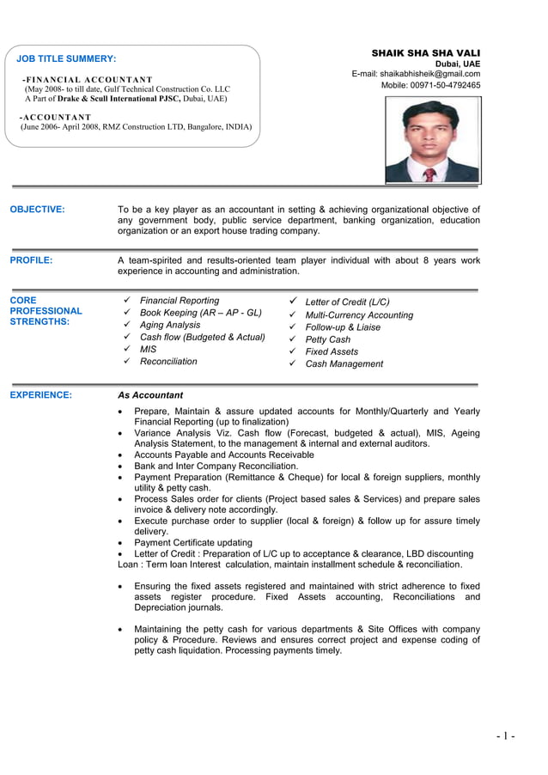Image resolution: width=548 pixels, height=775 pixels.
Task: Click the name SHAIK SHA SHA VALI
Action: point(425,53)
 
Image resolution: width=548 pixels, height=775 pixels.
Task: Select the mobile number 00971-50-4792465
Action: point(430,85)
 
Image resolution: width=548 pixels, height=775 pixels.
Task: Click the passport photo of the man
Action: point(432,139)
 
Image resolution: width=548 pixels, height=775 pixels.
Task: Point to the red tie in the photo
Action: point(429,174)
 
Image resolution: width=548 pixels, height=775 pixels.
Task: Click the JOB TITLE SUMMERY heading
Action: point(66,58)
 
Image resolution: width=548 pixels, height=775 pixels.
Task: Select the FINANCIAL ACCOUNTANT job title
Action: point(87,79)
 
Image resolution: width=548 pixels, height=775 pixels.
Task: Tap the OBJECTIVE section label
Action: point(37,209)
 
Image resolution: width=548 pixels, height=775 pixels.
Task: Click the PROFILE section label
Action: point(31,259)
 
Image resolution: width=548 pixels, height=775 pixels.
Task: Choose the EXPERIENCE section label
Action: point(40,395)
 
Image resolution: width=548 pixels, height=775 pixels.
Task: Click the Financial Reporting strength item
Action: point(180,301)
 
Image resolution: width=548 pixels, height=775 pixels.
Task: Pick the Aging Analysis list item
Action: point(170,325)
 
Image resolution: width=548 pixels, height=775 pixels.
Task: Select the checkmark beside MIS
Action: point(126,349)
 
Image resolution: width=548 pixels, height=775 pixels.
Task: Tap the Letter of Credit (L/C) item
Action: point(347,302)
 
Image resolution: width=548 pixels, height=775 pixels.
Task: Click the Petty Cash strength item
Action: point(328,339)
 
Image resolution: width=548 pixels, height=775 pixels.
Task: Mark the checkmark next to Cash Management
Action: point(292,363)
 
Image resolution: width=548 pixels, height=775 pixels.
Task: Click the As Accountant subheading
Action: point(149,395)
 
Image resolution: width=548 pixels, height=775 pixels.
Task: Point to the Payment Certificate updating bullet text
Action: point(193,542)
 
